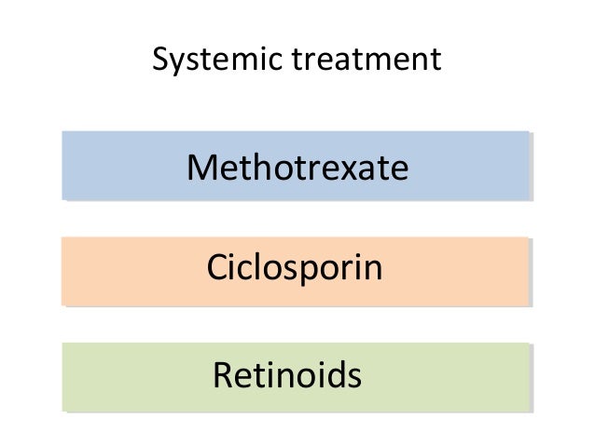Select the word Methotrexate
[297, 168]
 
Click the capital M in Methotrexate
[201, 168]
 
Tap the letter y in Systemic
[173, 63]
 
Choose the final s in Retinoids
[353, 377]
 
